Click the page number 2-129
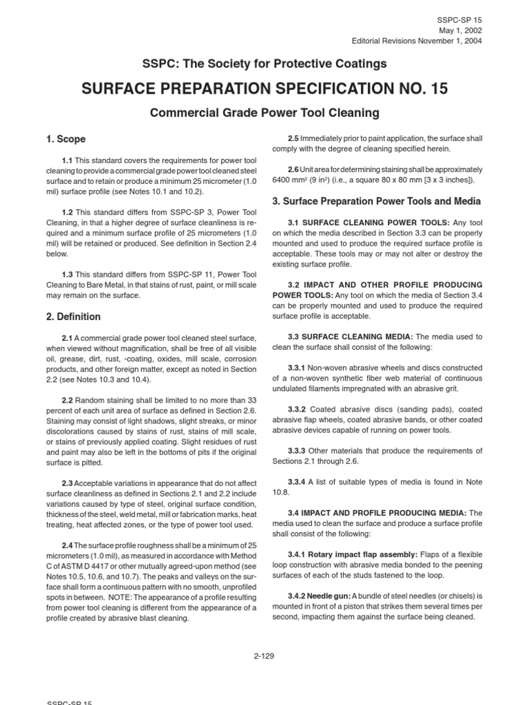[x=264, y=655]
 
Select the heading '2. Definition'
[x=72, y=317]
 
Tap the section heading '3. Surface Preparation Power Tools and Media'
[x=377, y=201]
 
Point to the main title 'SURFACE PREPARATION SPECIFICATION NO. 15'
[x=264, y=89]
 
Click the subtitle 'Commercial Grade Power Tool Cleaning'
[x=264, y=112]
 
